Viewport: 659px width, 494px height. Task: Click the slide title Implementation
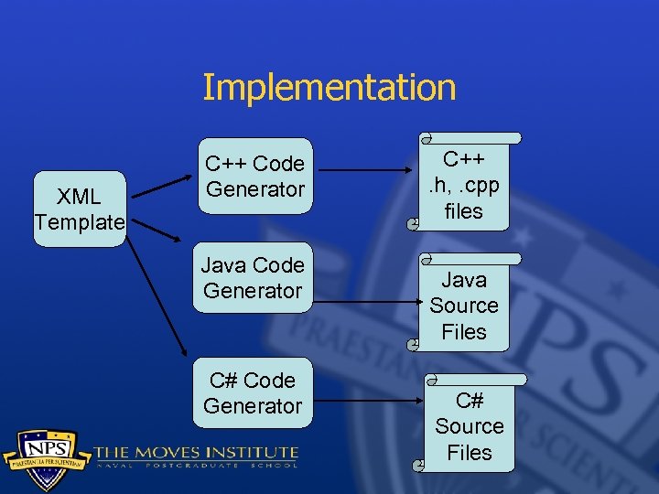329,88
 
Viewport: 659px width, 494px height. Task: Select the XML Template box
80,209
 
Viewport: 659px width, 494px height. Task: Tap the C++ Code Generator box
254,177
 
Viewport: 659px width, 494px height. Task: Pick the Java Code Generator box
253,277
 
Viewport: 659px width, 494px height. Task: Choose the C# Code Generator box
253,392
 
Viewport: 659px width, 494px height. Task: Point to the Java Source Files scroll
463,306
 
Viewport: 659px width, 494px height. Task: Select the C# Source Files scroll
469,425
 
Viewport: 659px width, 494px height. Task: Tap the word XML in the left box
80,196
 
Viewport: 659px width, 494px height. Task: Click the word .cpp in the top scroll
478,186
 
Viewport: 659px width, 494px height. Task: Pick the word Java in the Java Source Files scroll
464,280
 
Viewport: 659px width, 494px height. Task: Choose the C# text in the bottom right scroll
470,401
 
